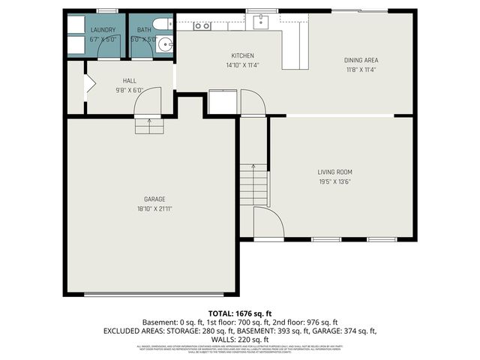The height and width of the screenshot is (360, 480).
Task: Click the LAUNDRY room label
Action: pos(102,30)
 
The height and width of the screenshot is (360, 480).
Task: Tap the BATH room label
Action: pos(143,30)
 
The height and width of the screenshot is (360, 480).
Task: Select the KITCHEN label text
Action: pos(242,55)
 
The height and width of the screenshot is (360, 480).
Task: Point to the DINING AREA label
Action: pos(360,60)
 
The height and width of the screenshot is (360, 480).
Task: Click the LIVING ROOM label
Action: pos(334,172)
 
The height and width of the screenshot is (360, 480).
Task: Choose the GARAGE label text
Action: pos(154,199)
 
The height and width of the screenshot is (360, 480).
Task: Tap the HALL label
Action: pos(129,80)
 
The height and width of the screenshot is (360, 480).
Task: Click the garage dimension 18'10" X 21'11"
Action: pos(154,208)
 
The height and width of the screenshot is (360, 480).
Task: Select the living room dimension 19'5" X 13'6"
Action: pos(334,181)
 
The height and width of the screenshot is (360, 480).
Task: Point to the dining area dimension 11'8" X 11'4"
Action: pos(360,70)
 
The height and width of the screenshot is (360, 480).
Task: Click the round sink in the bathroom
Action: pos(166,43)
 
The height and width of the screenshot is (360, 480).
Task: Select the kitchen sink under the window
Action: pos(262,20)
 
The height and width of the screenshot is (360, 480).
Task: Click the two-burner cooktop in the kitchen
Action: pos(202,25)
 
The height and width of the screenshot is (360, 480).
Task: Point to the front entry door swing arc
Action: pos(266,221)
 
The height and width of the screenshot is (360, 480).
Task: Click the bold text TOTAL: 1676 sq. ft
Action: pos(240,313)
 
